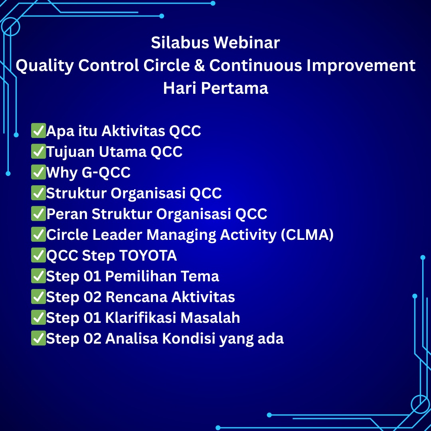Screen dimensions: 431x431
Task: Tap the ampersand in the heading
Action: coord(199,65)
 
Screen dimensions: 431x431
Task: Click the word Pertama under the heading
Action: coord(235,88)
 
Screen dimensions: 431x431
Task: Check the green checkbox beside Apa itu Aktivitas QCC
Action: coord(38,130)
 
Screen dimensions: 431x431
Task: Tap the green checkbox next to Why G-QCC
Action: coord(38,172)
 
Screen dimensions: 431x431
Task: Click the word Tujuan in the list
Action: coord(70,152)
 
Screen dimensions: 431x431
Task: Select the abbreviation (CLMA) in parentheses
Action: coord(307,235)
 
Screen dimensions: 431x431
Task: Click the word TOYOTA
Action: coord(148,256)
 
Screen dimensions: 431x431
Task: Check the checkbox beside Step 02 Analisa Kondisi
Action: coord(38,338)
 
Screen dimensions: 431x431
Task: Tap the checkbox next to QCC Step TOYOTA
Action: coord(38,255)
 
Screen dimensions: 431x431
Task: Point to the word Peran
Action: coord(67,214)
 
